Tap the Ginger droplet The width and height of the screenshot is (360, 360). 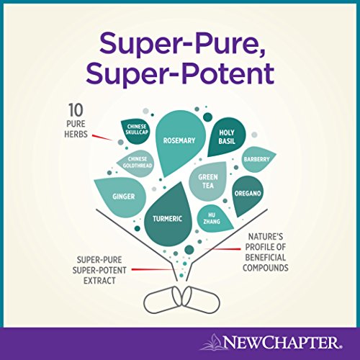[122, 197]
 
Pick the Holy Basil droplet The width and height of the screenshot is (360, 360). [226, 138]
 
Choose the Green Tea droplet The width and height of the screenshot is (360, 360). [208, 181]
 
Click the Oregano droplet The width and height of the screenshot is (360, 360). [247, 194]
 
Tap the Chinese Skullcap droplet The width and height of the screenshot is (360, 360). [135, 131]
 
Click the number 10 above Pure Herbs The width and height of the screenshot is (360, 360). [76, 110]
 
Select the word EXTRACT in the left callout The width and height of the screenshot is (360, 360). [99, 281]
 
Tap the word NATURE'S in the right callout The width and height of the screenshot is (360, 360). [266, 237]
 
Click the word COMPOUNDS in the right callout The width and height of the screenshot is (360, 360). [266, 268]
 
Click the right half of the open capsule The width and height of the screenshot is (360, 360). [201, 300]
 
